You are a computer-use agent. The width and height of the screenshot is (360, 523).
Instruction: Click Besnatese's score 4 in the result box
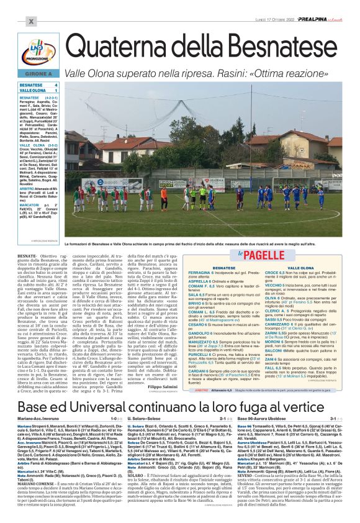pos(56,84)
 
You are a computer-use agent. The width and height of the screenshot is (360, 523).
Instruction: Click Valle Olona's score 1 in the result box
pos(56,91)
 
